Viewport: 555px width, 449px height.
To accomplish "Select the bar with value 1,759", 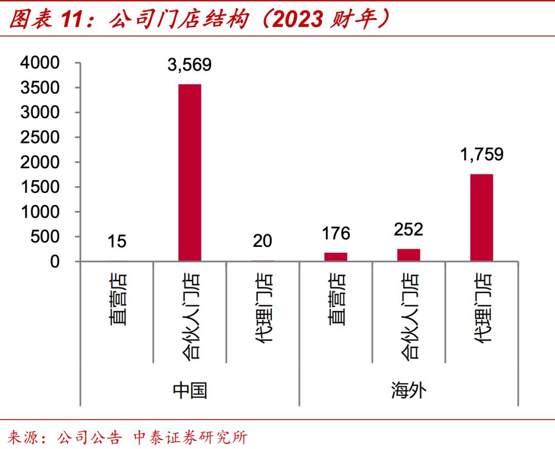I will pyautogui.click(x=482, y=218).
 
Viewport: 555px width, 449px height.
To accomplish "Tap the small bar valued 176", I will pyautogui.click(x=336, y=257).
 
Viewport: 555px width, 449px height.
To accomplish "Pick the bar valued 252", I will pyautogui.click(x=409, y=255).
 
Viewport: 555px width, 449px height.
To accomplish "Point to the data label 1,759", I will pyautogui.click(x=482, y=154).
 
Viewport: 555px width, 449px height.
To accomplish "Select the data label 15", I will pyautogui.click(x=117, y=241).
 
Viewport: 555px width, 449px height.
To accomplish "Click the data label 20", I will pyautogui.click(x=263, y=240).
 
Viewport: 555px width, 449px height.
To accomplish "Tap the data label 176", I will pyautogui.click(x=336, y=233).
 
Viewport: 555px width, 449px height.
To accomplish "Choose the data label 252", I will pyautogui.click(x=409, y=229).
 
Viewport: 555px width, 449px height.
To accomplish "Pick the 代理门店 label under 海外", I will pyautogui.click(x=482, y=309).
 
